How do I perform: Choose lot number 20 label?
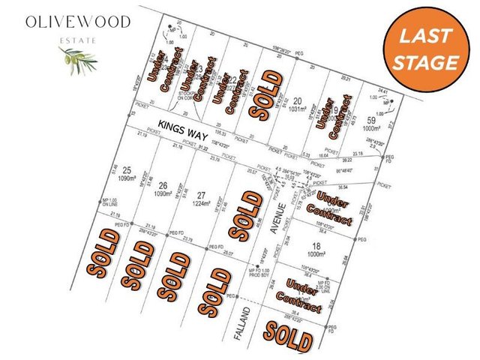click(298, 101)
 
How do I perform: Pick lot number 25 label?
click(127, 170)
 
